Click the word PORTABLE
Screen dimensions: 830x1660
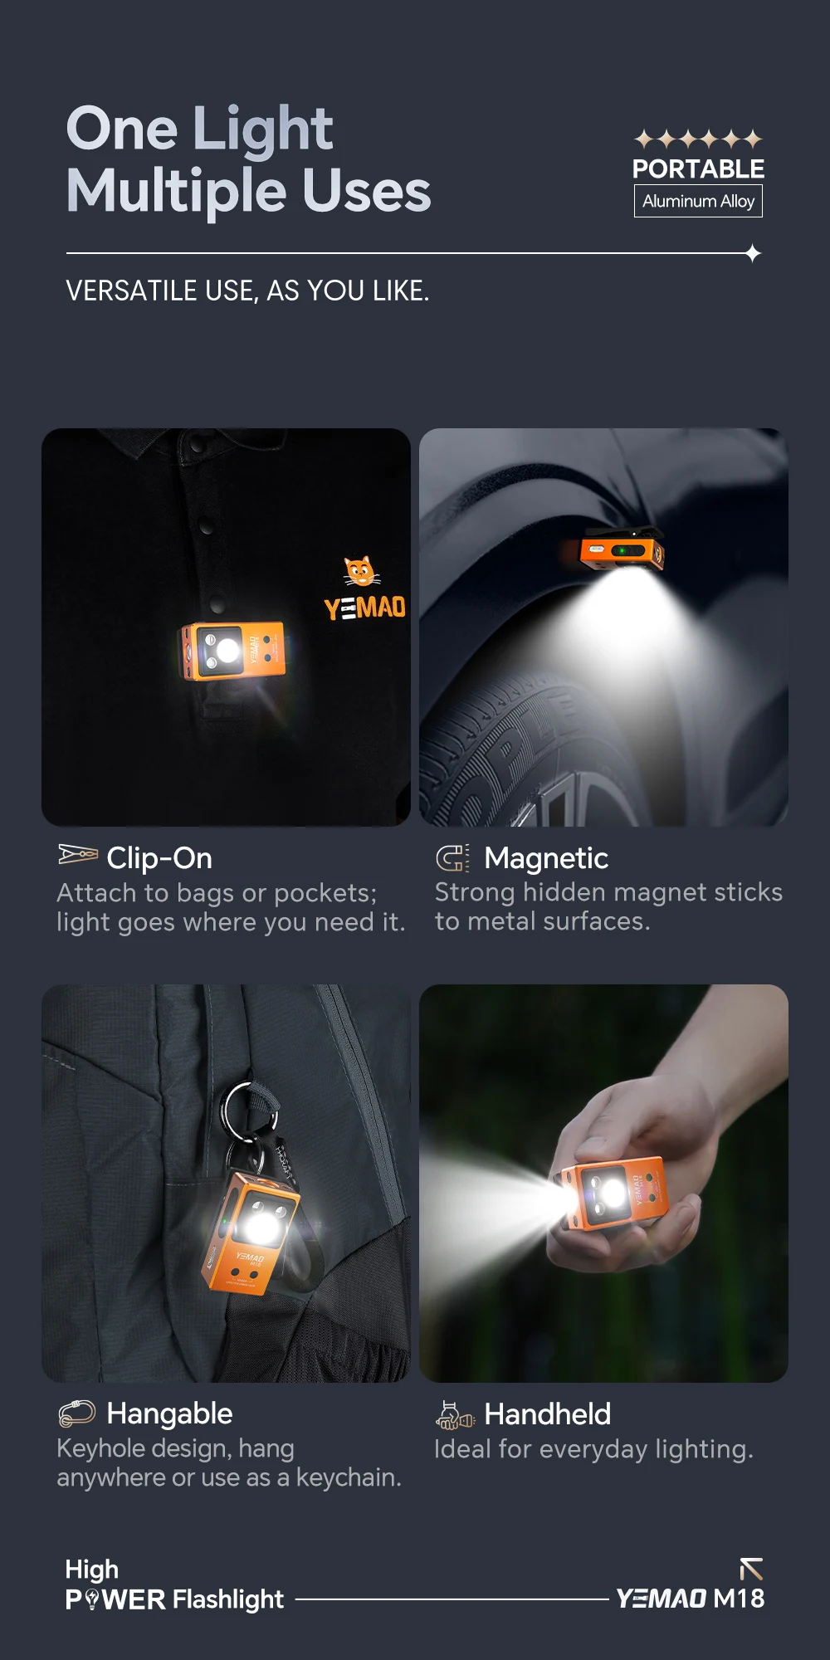tap(698, 169)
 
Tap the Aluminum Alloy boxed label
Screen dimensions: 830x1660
tap(698, 201)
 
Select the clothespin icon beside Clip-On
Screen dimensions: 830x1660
tap(78, 854)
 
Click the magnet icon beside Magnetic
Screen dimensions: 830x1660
tap(452, 857)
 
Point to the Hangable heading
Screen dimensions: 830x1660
tap(169, 1413)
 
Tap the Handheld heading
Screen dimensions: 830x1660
tap(548, 1413)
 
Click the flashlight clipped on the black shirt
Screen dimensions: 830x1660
tap(232, 650)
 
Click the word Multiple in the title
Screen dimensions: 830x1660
tap(177, 191)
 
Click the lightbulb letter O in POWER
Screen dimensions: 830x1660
tap(92, 1599)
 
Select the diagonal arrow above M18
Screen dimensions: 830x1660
tap(751, 1569)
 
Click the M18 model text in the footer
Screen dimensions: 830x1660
tap(739, 1599)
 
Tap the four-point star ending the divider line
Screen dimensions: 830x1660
tap(753, 253)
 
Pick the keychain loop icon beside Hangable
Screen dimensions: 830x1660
tap(77, 1412)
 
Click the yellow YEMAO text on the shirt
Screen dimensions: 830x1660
tap(365, 608)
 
